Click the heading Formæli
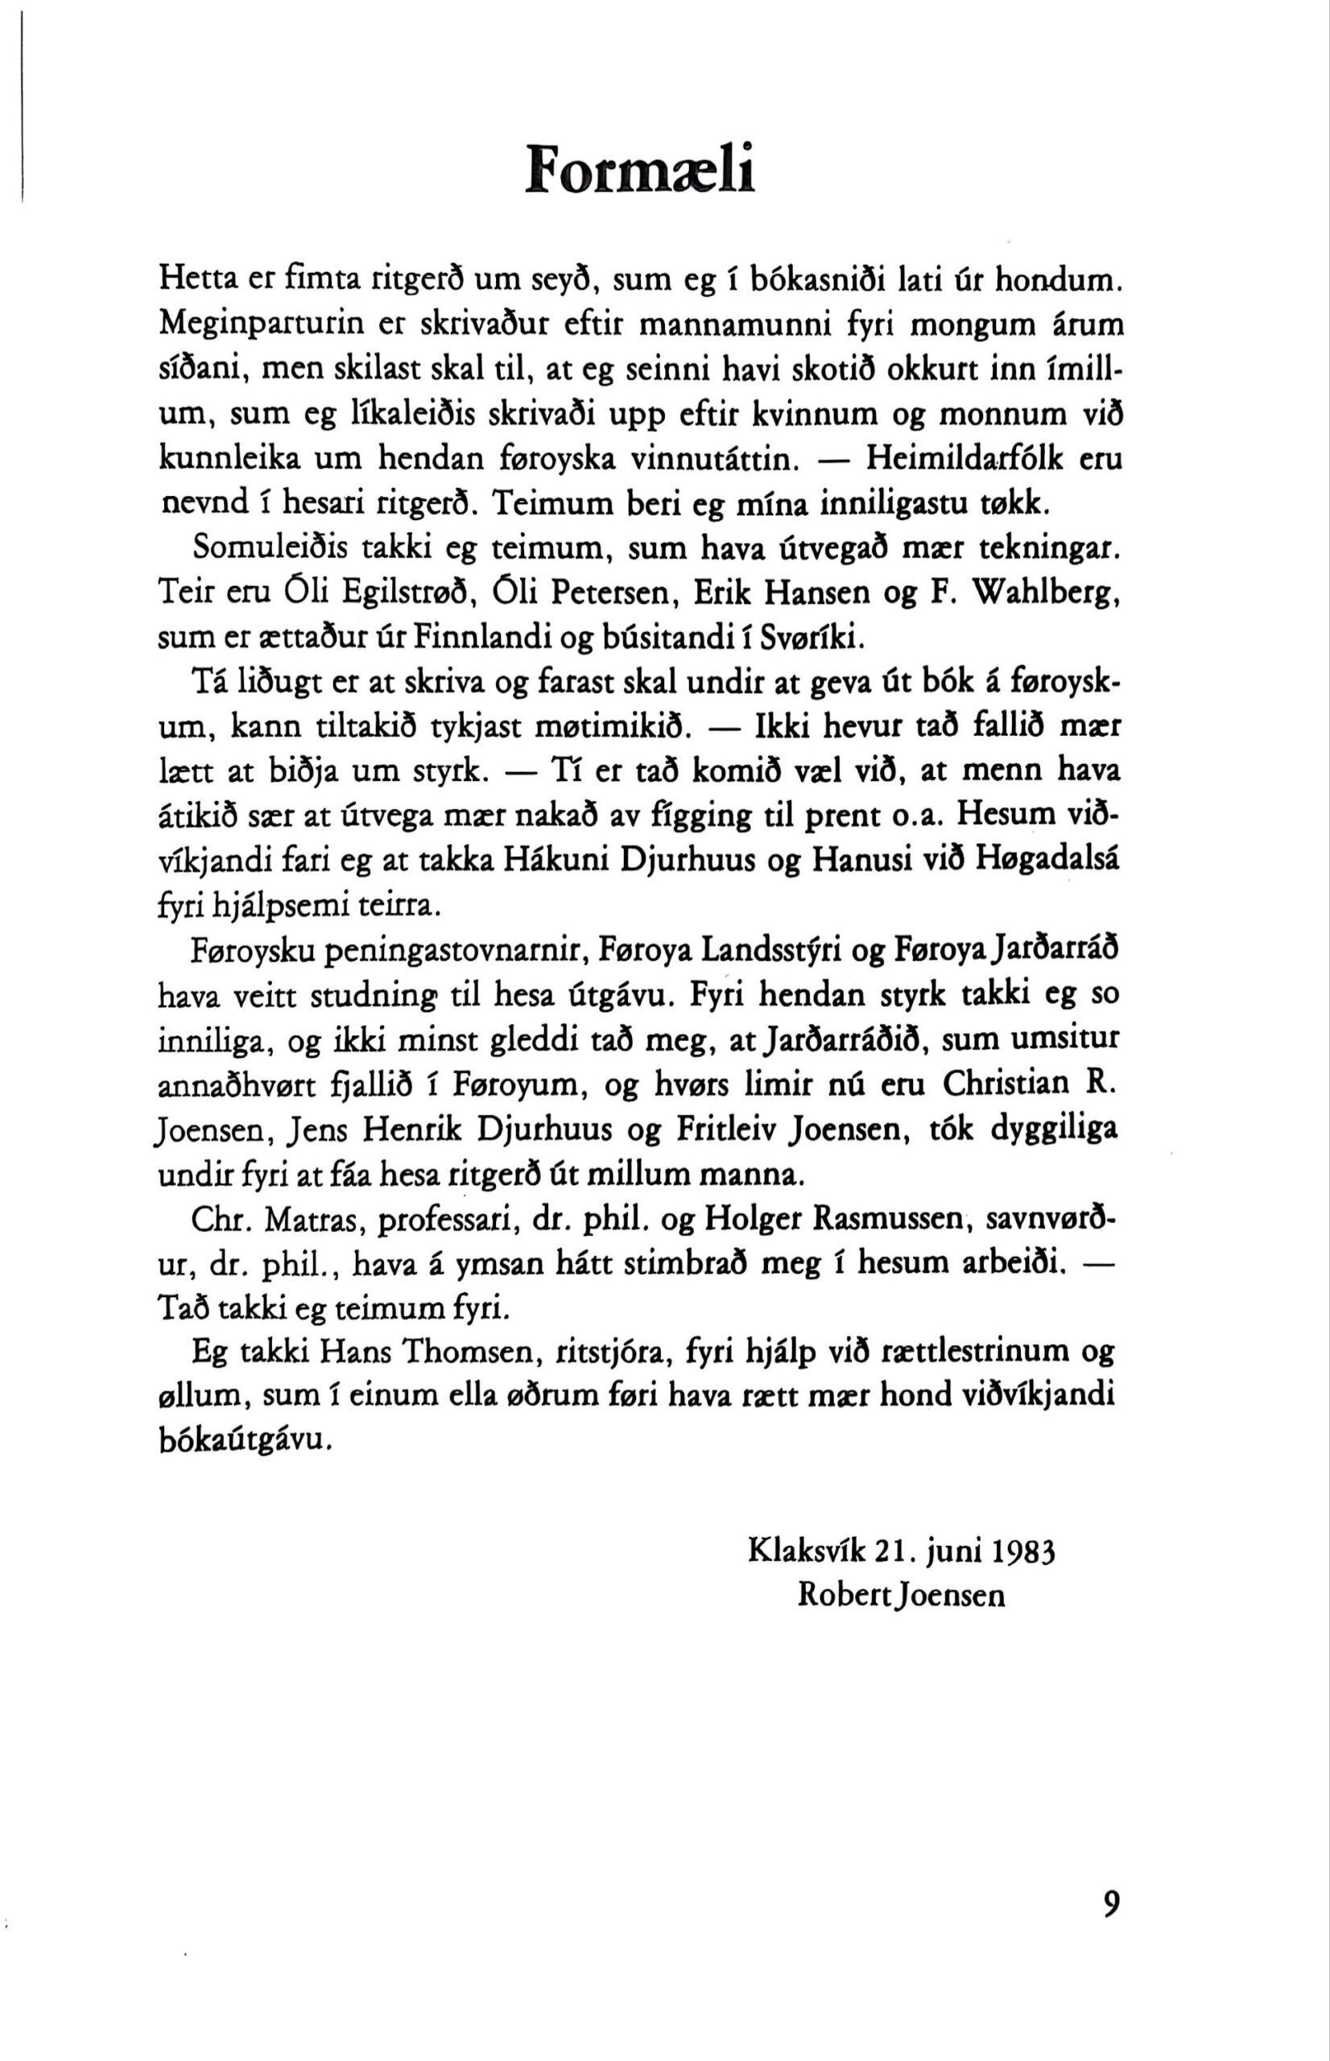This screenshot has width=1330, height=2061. [x=641, y=167]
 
